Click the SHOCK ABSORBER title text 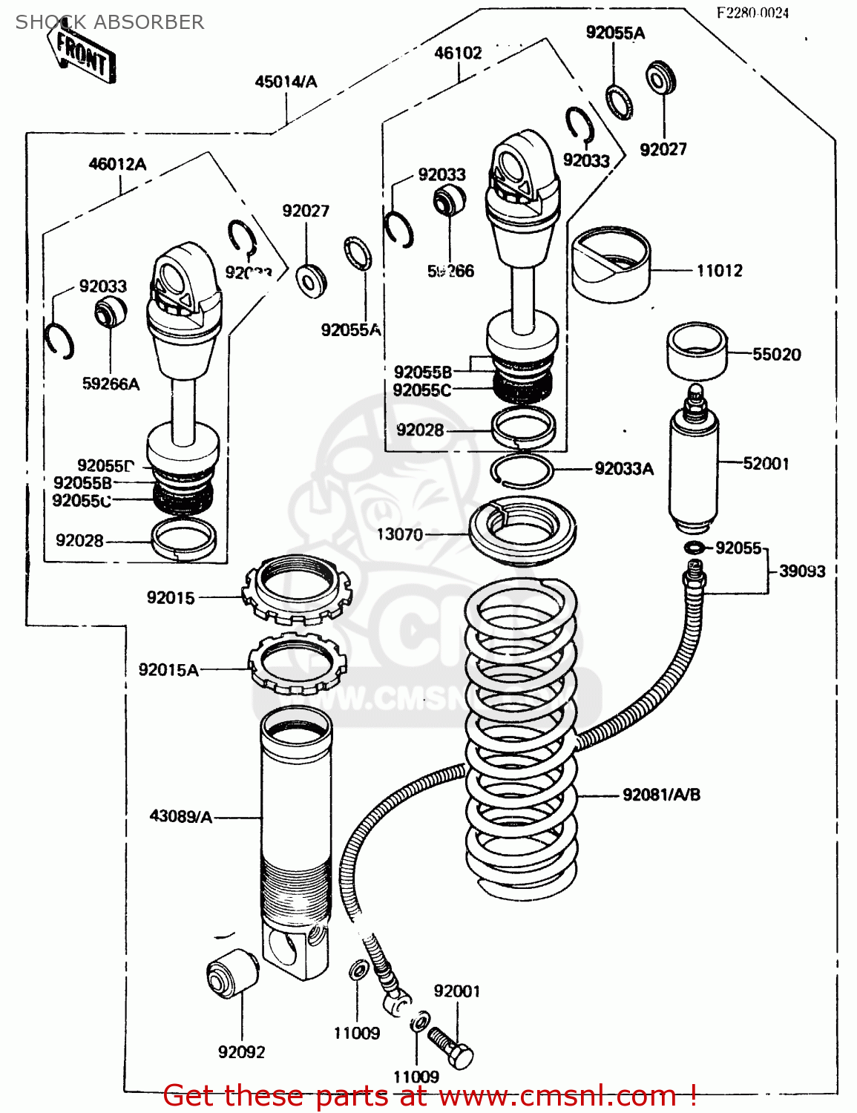coord(110,22)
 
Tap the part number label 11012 coord(719,271)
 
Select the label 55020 coord(776,355)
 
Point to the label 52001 coord(766,464)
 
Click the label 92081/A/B coord(661,795)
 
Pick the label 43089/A coord(181,817)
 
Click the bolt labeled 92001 coord(451,1047)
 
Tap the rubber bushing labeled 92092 coord(231,973)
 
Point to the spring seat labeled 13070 coord(523,531)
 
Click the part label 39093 coord(802,571)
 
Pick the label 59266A coord(111,384)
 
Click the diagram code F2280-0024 coord(752,13)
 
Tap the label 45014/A coord(286,82)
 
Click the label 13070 coord(399,534)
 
